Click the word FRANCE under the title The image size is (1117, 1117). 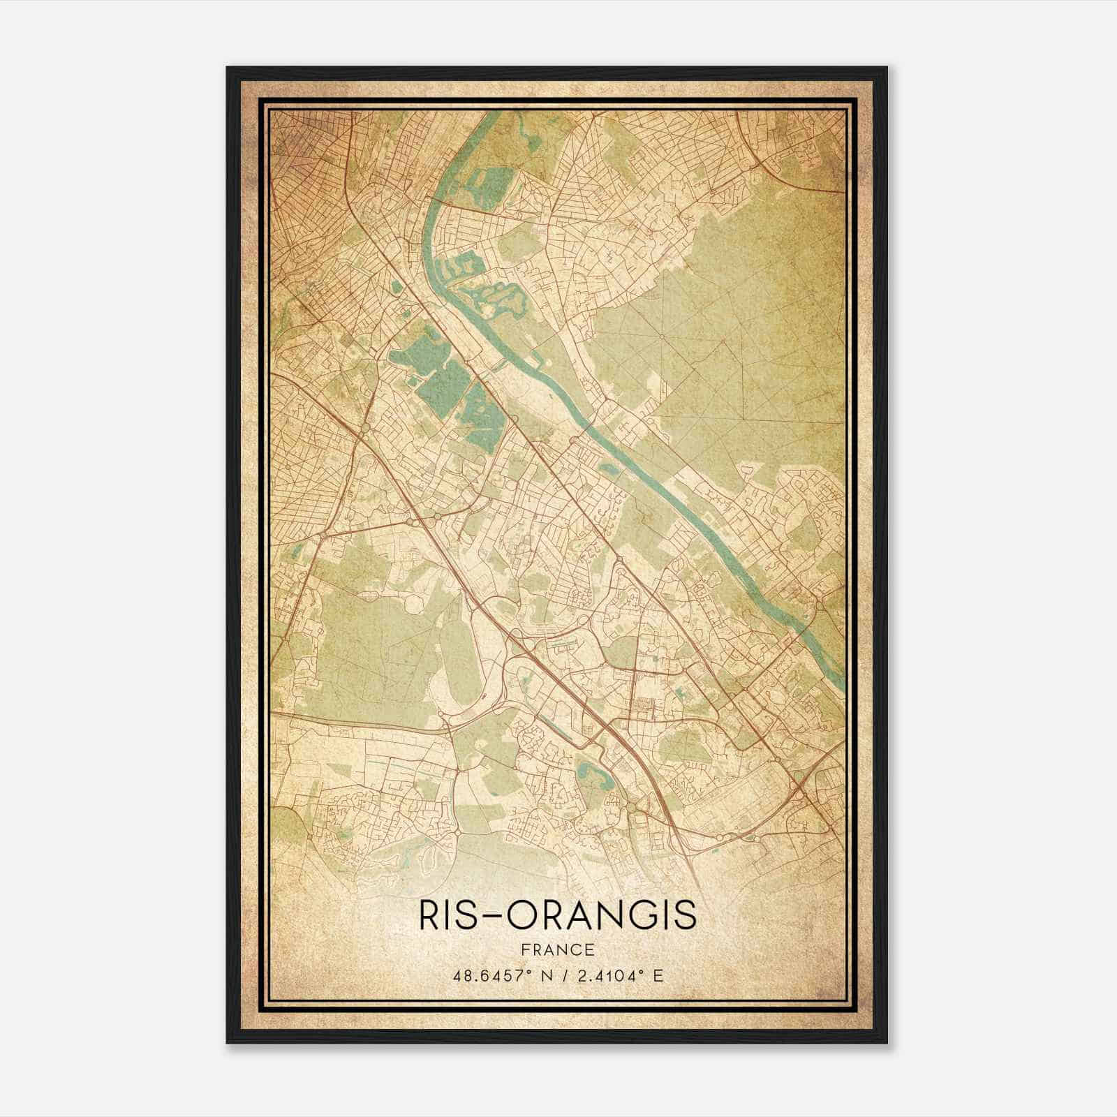click(556, 949)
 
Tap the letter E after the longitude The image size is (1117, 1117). click(657, 975)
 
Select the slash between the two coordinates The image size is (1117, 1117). click(561, 975)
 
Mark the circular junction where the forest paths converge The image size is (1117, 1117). click(661, 336)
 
